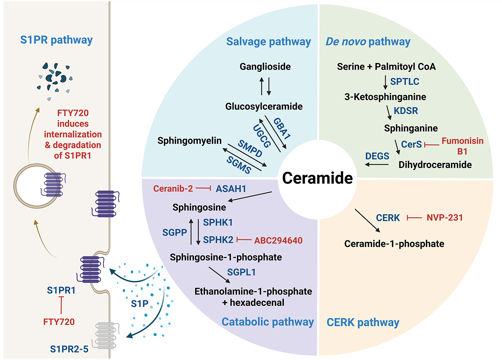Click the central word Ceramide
tap(318, 178)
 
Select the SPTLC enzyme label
tap(405, 82)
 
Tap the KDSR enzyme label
tap(406, 111)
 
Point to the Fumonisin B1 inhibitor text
tap(462, 146)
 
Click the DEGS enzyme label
tap(377, 156)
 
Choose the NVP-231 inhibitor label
tap(445, 218)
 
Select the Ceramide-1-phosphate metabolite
tap(394, 244)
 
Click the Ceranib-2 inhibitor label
tap(173, 189)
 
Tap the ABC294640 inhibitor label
tap(278, 241)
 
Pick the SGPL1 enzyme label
tap(241, 272)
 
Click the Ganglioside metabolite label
tap(265, 67)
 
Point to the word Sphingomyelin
tap(189, 141)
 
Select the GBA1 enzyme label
tap(282, 128)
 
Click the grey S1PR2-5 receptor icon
tap(106, 336)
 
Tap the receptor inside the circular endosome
tap(53, 185)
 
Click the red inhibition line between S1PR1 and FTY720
tap(61, 305)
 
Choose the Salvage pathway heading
tap(269, 42)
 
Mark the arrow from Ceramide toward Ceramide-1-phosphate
tap(367, 221)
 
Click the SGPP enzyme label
tap(174, 232)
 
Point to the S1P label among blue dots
tap(140, 304)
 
